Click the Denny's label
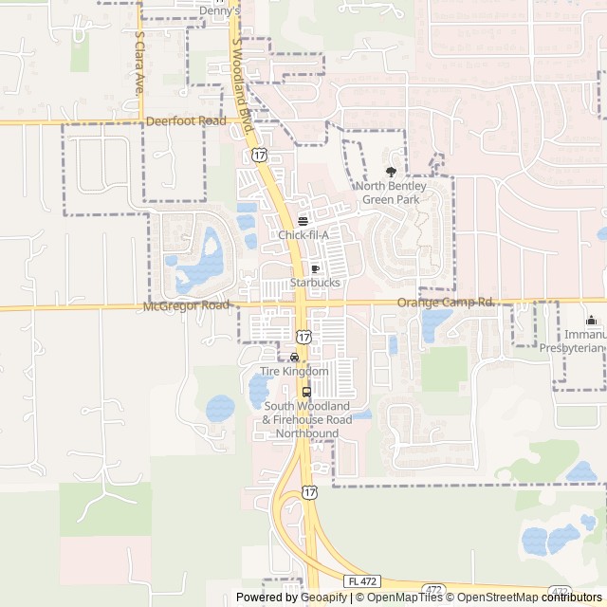click(219, 11)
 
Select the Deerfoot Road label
click(186, 121)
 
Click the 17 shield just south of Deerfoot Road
click(259, 154)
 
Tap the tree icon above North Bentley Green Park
click(391, 172)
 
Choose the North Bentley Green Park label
click(391, 193)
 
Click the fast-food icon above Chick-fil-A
click(303, 221)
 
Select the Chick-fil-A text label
click(303, 235)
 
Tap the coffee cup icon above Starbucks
click(315, 269)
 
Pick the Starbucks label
click(315, 283)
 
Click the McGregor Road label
click(187, 305)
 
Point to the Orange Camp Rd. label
click(446, 302)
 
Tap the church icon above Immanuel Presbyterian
click(592, 321)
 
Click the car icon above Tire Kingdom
click(294, 358)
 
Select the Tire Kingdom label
click(294, 371)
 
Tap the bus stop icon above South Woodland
click(306, 392)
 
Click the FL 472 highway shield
click(361, 580)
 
